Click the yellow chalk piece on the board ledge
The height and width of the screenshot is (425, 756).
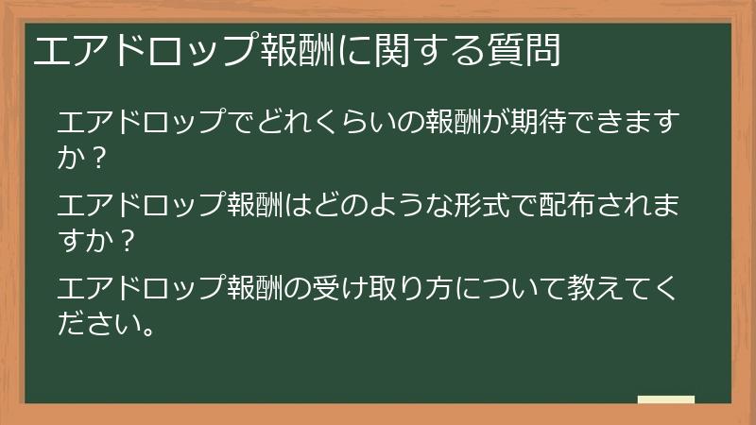(665, 399)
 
